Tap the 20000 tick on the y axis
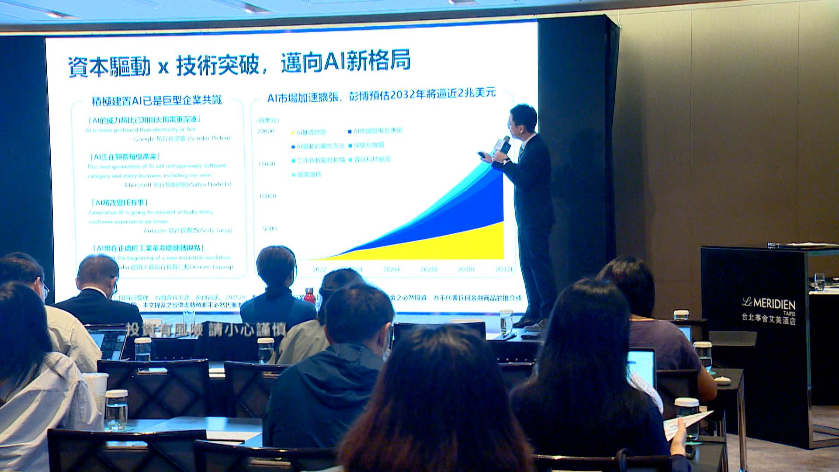pos(266,132)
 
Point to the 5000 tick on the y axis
pos(270,229)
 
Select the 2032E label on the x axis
pos(504,269)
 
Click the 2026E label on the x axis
pos(392,269)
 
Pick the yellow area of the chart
pos(459,245)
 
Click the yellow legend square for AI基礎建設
pos(293,132)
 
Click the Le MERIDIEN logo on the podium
pos(768,303)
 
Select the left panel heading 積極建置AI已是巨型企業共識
pos(156,101)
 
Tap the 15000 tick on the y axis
pos(267,164)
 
